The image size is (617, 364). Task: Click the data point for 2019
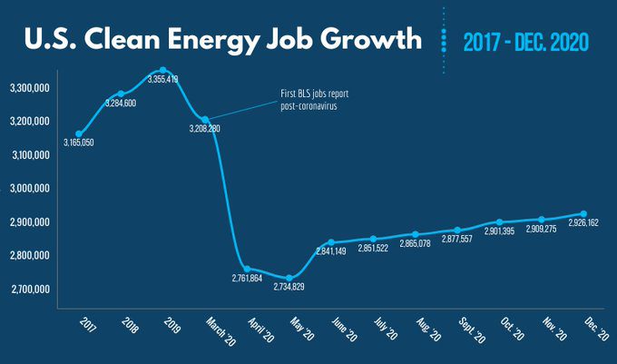[x=163, y=70]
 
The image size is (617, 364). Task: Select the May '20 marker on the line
[x=289, y=278]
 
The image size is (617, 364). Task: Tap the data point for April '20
[x=247, y=269]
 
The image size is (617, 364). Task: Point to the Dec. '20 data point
[x=583, y=214]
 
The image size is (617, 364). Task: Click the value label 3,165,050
[x=80, y=143]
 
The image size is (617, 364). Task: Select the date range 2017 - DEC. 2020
[x=526, y=42]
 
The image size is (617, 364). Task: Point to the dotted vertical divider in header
[x=444, y=41]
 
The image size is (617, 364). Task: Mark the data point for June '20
[x=331, y=242]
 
